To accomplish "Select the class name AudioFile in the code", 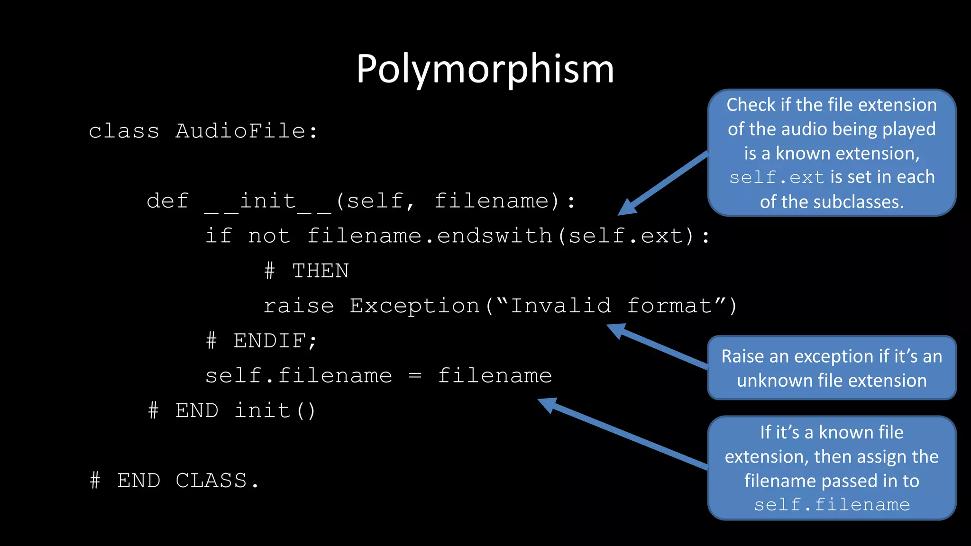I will pyautogui.click(x=240, y=131).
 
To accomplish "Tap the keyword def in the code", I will pyautogui.click(x=167, y=201).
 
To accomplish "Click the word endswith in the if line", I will pyautogui.click(x=495, y=236).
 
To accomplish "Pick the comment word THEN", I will pyautogui.click(x=321, y=271).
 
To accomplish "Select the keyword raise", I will pyautogui.click(x=299, y=306).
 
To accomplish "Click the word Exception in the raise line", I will pyautogui.click(x=414, y=306).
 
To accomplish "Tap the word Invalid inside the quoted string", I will pyautogui.click(x=560, y=306).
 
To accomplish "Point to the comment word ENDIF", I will pyautogui.click(x=270, y=341).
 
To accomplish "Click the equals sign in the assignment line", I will pyautogui.click(x=415, y=376).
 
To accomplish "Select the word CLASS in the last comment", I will pyautogui.click(x=211, y=481).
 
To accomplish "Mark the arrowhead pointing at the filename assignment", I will pyautogui.click(x=547, y=404).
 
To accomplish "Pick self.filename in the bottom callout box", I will pyautogui.click(x=832, y=505).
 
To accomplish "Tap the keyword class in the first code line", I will pyautogui.click(x=124, y=131).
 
